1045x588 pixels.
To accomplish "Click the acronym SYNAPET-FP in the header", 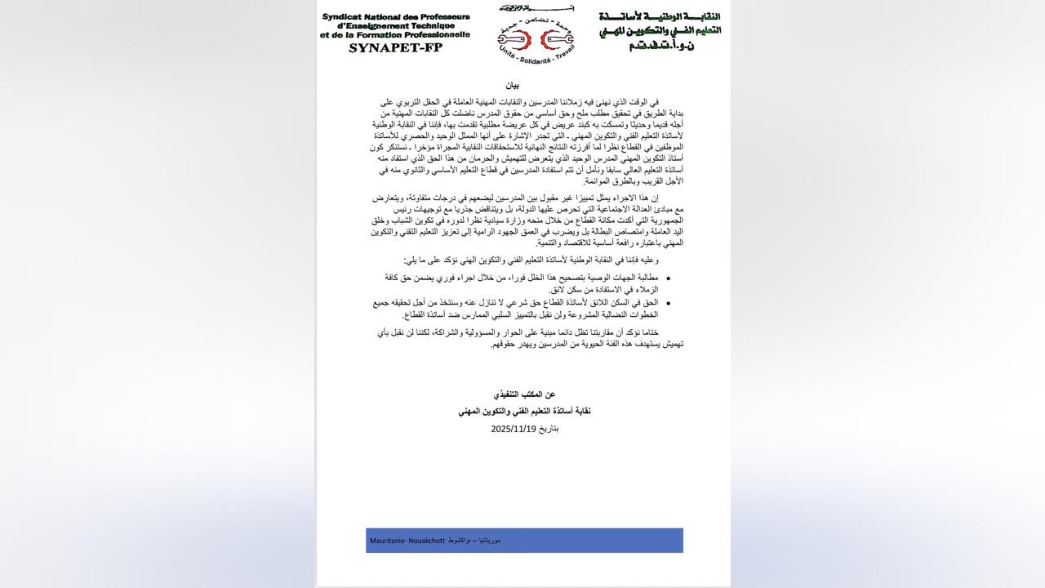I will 395,47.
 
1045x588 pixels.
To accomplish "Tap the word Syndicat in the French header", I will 344,16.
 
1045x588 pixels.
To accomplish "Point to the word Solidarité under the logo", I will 536,61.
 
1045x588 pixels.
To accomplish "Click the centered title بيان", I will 512,85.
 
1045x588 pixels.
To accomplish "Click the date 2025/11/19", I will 513,429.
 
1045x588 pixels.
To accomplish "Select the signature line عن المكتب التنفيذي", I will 524,394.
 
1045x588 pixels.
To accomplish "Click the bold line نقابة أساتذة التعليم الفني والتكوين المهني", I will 524,412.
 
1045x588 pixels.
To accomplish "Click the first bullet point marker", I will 668,278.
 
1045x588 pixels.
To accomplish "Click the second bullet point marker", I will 668,303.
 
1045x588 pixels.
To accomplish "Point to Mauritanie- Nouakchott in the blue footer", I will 407,541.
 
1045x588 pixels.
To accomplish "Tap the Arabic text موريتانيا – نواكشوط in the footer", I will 474,541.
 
